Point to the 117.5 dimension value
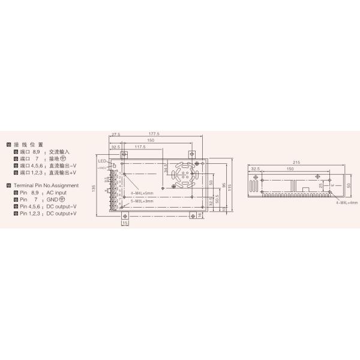(141, 146)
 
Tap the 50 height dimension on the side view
(349, 185)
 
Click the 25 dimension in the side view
(322, 185)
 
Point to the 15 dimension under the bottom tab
(124, 223)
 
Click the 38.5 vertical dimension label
(167, 170)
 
